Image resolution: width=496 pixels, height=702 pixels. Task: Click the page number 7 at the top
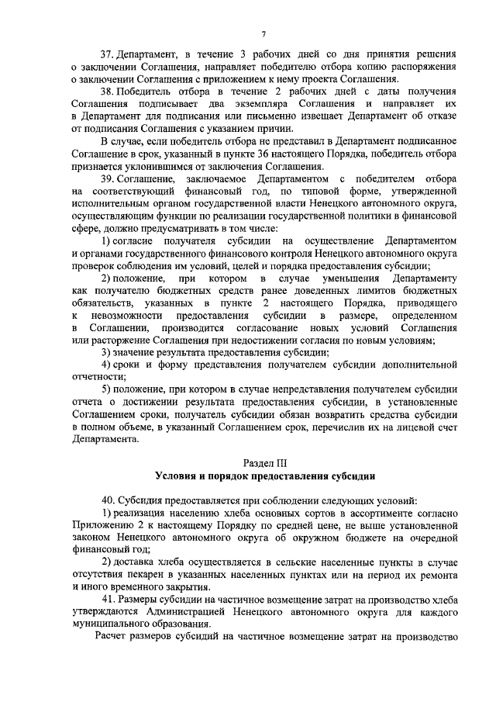263,33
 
